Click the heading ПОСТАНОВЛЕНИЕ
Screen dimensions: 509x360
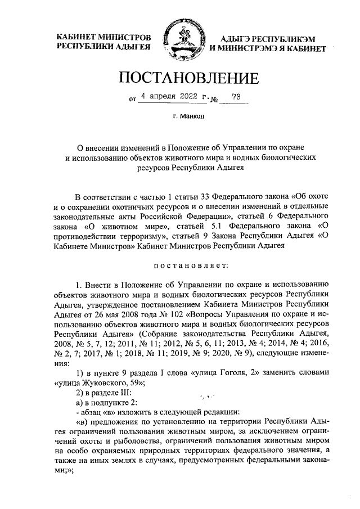click(x=180, y=77)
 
